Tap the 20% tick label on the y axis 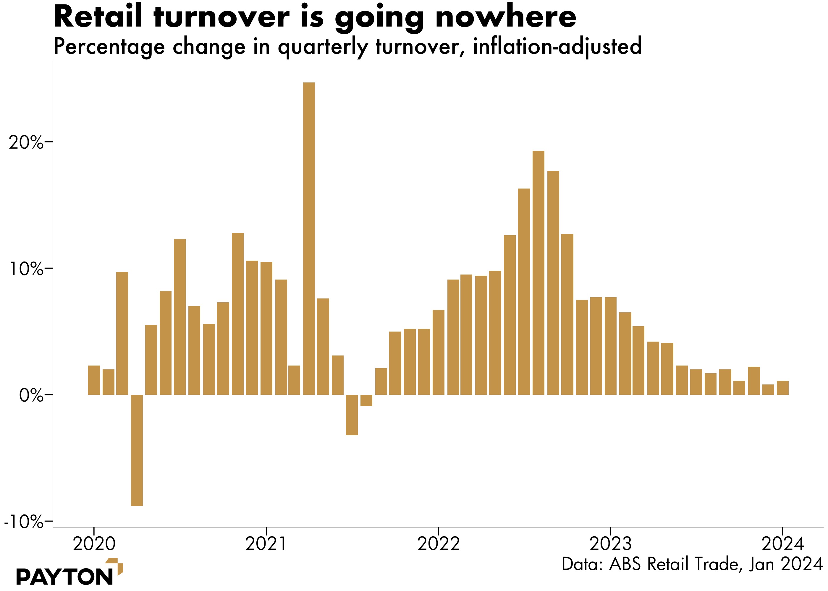25,143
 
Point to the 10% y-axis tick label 25,269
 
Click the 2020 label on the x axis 94,544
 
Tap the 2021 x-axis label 266,544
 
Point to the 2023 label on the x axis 611,544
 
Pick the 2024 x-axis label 783,544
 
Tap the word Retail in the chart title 98,17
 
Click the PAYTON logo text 64,577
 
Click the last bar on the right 783,388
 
